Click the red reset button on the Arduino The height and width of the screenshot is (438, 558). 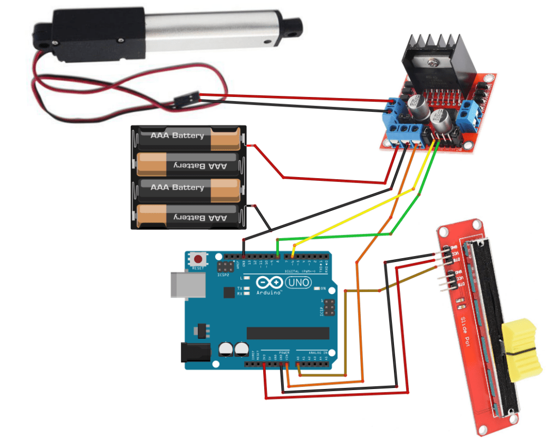click(x=199, y=259)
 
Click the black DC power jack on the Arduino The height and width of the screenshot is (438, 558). click(x=195, y=352)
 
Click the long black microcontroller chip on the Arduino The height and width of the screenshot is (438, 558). click(x=288, y=333)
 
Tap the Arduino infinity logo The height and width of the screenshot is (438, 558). click(x=269, y=283)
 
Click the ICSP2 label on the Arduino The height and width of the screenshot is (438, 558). click(x=225, y=275)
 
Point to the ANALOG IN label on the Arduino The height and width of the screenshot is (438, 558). click(x=318, y=352)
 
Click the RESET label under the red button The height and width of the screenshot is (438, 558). click(x=199, y=269)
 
